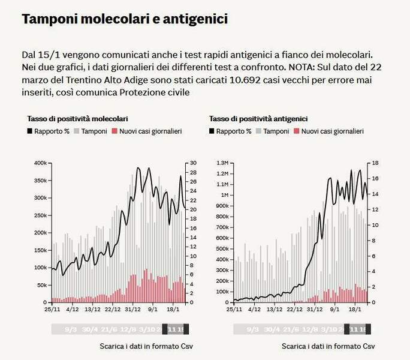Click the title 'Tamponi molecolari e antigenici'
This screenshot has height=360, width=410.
(125, 19)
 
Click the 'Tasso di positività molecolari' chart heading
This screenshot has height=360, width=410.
(77, 119)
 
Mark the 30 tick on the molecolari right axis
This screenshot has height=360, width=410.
(193, 163)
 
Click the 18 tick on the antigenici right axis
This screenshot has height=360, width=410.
(375, 163)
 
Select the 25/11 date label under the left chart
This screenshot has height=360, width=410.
(52, 310)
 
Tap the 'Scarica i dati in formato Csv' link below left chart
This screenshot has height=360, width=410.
(146, 346)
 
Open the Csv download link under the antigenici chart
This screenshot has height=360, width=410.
(328, 346)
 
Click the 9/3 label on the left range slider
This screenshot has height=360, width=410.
(70, 329)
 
